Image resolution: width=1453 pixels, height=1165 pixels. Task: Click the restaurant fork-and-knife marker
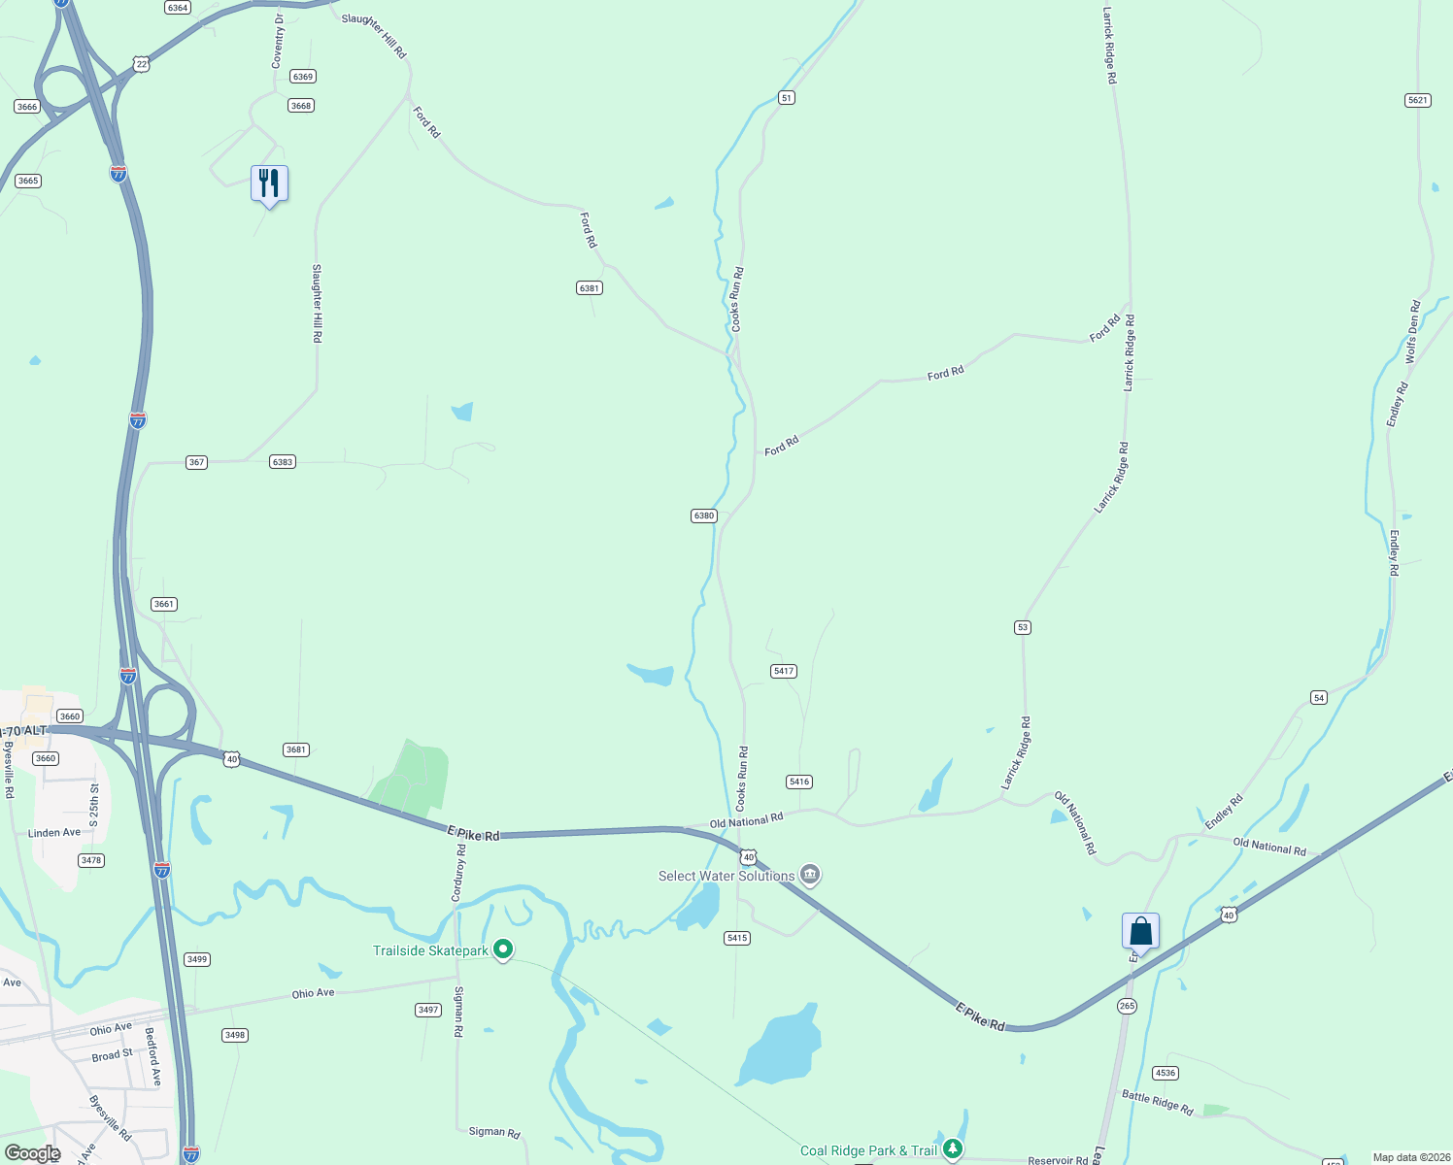click(x=269, y=183)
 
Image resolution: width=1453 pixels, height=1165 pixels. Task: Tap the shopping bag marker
click(x=1140, y=932)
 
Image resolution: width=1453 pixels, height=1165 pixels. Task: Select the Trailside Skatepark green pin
click(x=503, y=949)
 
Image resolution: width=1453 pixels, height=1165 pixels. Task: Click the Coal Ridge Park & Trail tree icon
click(x=953, y=1148)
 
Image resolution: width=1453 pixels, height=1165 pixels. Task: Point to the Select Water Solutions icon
click(x=810, y=875)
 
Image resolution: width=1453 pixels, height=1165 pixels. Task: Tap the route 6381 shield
click(x=590, y=288)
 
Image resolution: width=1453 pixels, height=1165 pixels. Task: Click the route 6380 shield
click(x=704, y=516)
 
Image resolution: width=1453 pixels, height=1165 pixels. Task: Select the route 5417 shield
click(x=784, y=671)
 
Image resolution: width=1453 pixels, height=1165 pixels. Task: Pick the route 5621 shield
click(x=1418, y=100)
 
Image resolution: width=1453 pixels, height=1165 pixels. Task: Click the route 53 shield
click(x=1022, y=627)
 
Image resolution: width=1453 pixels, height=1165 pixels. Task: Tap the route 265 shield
click(x=1127, y=1006)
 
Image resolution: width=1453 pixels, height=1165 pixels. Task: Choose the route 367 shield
click(x=197, y=462)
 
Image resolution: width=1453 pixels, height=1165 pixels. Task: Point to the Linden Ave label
click(x=54, y=833)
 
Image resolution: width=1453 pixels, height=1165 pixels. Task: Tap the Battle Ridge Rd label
click(x=1158, y=1102)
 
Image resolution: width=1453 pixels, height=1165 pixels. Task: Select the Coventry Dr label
click(x=279, y=41)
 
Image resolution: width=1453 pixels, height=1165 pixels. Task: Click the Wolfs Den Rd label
click(x=1413, y=332)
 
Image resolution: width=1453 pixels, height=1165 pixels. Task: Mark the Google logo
click(x=32, y=1153)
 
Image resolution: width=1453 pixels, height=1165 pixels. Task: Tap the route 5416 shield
click(x=799, y=782)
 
